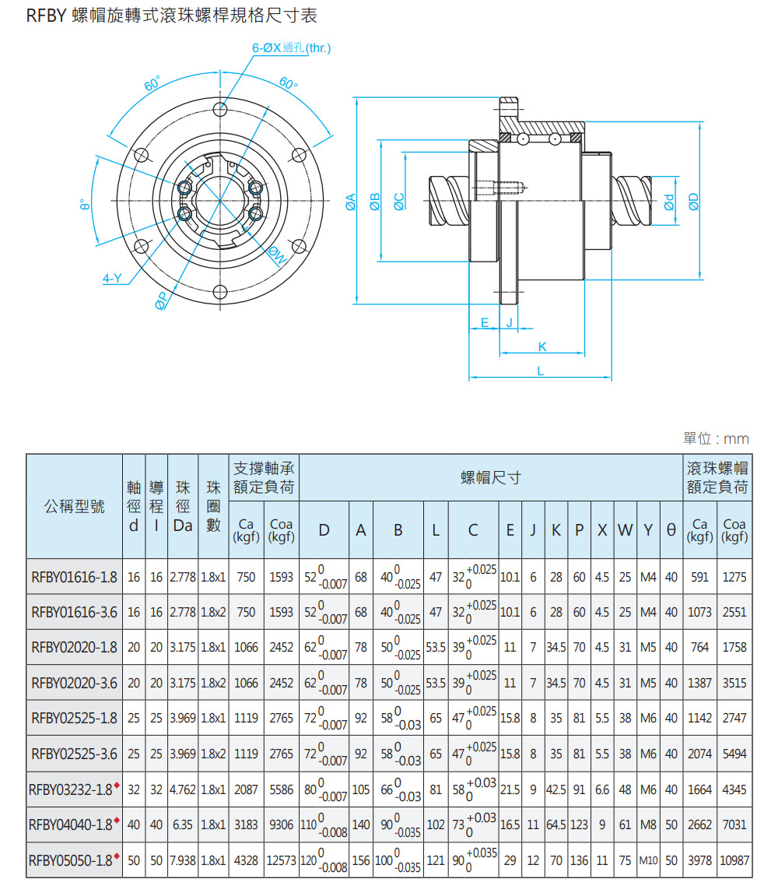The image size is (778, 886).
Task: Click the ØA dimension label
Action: coord(351,202)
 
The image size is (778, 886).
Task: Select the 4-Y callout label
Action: coord(113,278)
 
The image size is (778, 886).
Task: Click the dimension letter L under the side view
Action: coord(540,371)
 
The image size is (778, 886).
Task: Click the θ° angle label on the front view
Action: coord(84,206)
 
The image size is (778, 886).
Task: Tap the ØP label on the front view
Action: coord(162,301)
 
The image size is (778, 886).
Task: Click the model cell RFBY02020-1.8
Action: coord(74,648)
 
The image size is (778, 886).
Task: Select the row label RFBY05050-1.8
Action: coord(71,861)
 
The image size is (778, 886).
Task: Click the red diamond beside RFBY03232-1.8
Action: coord(117,785)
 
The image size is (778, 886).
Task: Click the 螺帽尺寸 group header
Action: coord(490,477)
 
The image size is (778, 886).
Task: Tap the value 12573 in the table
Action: coord(282,861)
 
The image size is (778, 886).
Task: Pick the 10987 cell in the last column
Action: coord(734,861)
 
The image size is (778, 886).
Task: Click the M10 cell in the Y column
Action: coord(649,861)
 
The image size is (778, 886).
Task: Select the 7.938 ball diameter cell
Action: coord(183,861)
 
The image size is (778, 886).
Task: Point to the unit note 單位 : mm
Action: coord(716,439)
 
